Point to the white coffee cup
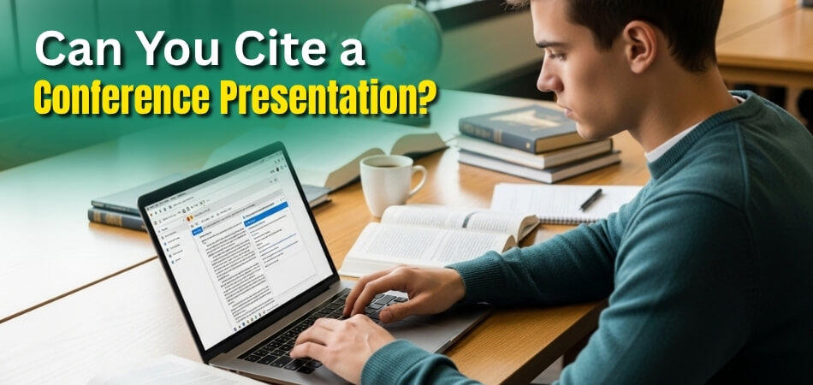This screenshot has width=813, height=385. pos(388,183)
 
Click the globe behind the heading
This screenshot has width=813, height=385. pos(400,38)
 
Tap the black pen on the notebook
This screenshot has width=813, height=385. pos(590,198)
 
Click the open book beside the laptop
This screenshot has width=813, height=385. pos(436,235)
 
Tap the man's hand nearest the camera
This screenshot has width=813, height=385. pos(334,346)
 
